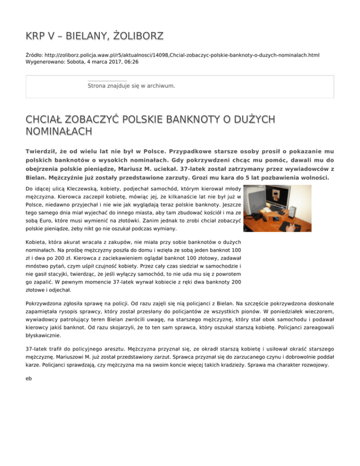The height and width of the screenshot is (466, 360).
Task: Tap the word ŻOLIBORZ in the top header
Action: coord(136,36)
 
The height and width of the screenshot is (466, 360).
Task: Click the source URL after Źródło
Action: coord(183,55)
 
